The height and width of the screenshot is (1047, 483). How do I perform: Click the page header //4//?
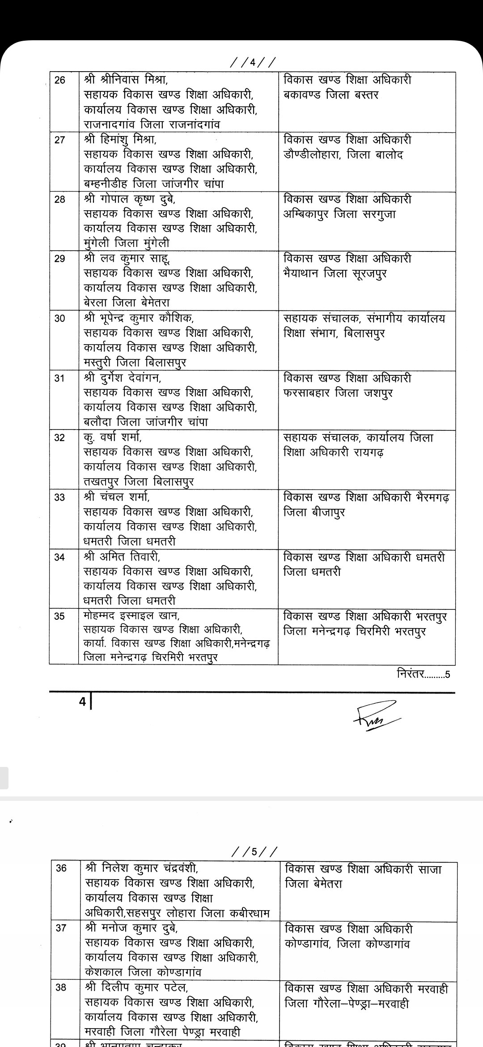[x=253, y=62]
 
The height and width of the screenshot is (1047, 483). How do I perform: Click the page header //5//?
[x=254, y=851]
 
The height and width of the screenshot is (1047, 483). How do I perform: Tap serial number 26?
[x=59, y=80]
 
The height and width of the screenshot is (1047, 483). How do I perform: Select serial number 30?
[x=59, y=319]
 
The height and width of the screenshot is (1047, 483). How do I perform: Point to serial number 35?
[x=59, y=617]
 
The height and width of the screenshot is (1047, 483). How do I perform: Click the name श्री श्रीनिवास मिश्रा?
[x=125, y=80]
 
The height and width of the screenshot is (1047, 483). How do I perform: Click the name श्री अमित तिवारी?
[x=122, y=557]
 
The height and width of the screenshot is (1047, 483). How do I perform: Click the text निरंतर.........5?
[x=423, y=674]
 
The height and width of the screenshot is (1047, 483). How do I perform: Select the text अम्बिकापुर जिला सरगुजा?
[x=339, y=214]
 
